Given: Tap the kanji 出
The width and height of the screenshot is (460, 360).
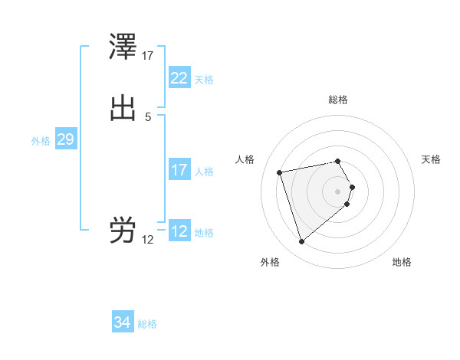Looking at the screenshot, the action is (x=123, y=108).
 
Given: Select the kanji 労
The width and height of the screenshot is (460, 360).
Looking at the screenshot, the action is (x=123, y=230).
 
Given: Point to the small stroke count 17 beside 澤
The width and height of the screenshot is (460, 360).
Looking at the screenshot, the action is (x=148, y=56).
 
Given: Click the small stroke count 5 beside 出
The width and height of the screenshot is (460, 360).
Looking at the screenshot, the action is (x=148, y=117).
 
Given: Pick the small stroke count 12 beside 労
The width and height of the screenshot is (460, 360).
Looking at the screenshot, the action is (x=148, y=240).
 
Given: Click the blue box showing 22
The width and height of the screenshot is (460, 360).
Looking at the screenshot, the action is (x=179, y=78).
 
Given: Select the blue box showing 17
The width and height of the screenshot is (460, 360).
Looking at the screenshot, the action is (x=179, y=170).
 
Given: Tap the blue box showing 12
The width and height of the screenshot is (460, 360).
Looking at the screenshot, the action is (x=179, y=231).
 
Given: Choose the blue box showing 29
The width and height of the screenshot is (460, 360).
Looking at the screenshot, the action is (x=65, y=139).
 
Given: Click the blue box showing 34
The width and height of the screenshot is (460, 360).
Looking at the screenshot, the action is (x=122, y=323).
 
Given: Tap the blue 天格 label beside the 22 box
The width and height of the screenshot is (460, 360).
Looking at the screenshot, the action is (x=204, y=79).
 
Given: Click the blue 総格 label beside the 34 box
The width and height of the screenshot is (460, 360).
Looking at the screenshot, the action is (x=147, y=324).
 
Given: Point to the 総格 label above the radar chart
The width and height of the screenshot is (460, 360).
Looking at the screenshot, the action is (x=338, y=100).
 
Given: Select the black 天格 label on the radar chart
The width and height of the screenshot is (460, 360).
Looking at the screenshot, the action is (x=431, y=159).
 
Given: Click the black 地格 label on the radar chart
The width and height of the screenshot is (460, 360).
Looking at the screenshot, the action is (x=402, y=262).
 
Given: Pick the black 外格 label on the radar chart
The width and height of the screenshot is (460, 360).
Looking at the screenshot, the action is (x=270, y=262).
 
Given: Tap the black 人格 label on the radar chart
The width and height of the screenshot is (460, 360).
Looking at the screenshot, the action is (x=245, y=159).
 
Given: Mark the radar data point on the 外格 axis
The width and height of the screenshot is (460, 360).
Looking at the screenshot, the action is (x=302, y=242).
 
